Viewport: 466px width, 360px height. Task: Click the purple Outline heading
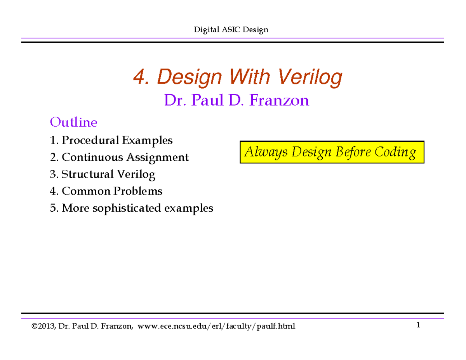coord(73,123)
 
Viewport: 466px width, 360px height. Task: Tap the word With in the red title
coord(248,78)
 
